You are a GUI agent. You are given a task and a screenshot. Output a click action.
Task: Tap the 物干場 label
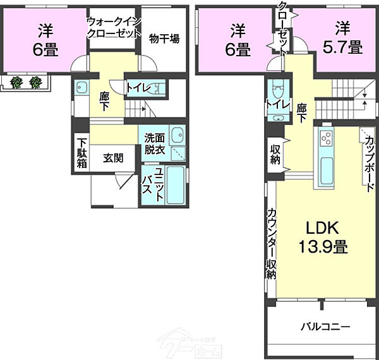tap(164, 39)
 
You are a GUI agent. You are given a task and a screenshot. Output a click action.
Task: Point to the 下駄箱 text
tap(82, 152)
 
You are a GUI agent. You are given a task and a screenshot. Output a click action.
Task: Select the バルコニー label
tap(325, 327)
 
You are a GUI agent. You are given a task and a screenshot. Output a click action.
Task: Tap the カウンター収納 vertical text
tap(270, 243)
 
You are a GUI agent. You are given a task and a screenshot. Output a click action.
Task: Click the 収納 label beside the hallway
tap(275, 155)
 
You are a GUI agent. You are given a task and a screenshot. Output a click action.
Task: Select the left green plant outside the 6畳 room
tap(18, 81)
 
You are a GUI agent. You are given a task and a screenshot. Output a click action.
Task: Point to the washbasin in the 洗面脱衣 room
tap(178, 135)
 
